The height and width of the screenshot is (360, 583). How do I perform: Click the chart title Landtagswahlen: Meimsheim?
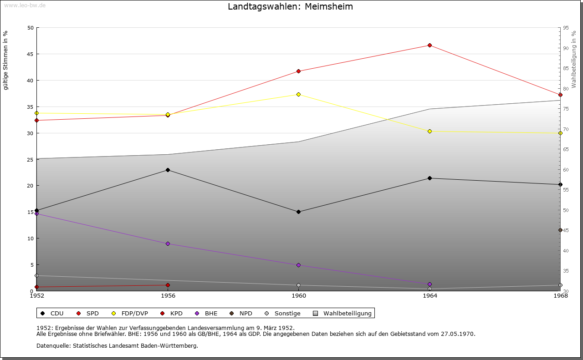click(290, 7)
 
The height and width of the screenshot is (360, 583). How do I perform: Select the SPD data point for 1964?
click(430, 45)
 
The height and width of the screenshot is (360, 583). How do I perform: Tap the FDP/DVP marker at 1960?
click(298, 94)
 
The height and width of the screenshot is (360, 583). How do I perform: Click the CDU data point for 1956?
click(168, 170)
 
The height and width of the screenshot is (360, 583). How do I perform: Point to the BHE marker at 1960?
click(298, 265)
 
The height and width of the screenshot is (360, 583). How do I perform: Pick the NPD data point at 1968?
click(560, 230)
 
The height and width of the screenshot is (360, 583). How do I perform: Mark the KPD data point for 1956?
click(168, 285)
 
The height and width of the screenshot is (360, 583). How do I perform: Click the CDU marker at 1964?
click(430, 178)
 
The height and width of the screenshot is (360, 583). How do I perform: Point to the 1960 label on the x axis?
click(299, 296)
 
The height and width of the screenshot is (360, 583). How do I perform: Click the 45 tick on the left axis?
click(31, 54)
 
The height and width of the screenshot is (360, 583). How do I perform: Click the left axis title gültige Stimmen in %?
click(6, 60)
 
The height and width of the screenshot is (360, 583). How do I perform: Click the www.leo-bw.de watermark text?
click(25, 5)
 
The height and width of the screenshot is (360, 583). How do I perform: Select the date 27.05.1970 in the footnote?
click(458, 334)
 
